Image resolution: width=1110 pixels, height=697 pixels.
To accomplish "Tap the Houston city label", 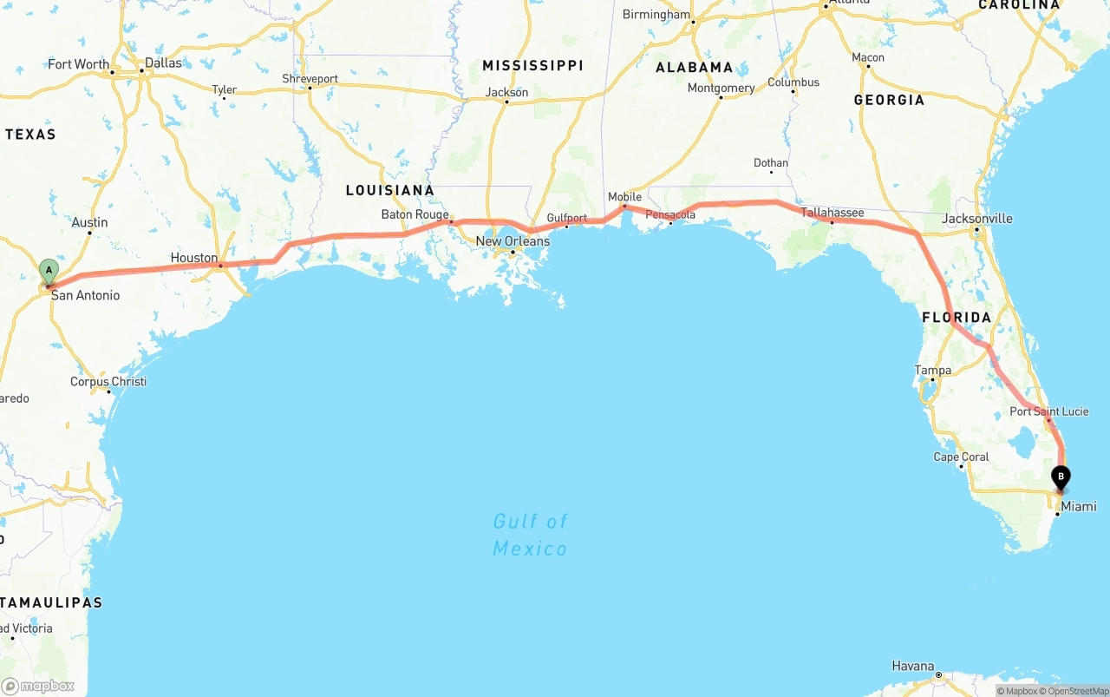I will coord(194,258).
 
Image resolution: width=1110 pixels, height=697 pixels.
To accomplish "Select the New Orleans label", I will coord(513,241).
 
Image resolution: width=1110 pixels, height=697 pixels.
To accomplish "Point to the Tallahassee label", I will coord(832,213).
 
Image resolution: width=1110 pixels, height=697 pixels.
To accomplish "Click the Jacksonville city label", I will coord(976,219).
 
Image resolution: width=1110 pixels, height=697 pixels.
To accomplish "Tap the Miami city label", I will coord(1079,506).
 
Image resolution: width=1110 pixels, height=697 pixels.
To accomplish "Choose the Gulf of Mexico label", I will coord(530,535).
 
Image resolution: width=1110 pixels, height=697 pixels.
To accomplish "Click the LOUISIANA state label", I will coord(389,190).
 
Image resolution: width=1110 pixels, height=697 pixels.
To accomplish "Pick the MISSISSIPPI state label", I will coord(532,66).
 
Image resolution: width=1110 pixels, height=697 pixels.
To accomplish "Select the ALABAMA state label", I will coord(694,67).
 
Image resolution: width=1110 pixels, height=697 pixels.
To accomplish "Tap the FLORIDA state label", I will coord(957,318).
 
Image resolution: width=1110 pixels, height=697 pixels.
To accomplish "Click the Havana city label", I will coord(913,667).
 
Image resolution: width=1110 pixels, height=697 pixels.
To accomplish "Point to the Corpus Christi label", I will coord(108,382).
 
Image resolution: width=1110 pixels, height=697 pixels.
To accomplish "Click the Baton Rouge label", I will coord(415,214).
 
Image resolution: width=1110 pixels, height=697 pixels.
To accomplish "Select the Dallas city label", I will coord(163,62).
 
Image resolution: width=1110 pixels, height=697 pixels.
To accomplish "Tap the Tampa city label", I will coord(933,371).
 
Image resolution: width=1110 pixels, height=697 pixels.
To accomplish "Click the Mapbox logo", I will coord(38,687).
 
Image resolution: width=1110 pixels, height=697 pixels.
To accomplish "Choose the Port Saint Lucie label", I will coord(1048,411).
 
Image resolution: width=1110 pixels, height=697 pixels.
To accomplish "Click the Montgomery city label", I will coord(721,88).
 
